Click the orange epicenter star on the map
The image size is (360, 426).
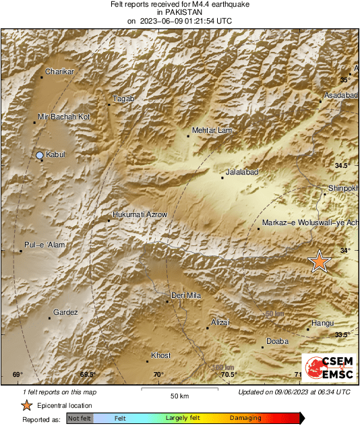tap(319, 261)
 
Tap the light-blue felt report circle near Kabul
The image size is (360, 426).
tap(39, 156)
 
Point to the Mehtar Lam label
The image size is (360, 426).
tap(212, 130)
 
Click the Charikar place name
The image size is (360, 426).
tap(59, 71)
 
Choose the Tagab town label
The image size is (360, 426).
tap(124, 99)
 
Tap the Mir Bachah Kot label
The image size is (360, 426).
tap(63, 117)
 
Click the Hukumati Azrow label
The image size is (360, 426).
tap(140, 214)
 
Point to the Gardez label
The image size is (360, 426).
tap(66, 312)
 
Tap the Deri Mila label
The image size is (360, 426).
tap(187, 295)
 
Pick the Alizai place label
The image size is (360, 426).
tap(220, 323)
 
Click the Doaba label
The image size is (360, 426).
tap(278, 342)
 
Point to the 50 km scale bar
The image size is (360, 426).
tap(179, 389)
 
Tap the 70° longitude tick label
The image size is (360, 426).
tap(158, 375)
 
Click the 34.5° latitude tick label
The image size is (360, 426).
tap(344, 165)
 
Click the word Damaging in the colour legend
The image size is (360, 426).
tap(245, 418)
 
